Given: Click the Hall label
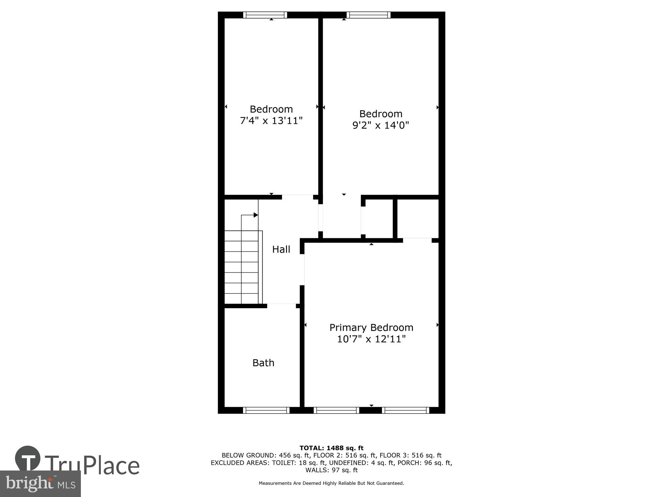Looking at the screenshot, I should pyautogui.click(x=281, y=249).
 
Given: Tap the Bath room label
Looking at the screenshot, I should pyautogui.click(x=263, y=363).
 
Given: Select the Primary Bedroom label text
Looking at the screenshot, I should pyautogui.click(x=371, y=328).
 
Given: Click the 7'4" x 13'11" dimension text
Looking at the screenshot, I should pyautogui.click(x=271, y=121).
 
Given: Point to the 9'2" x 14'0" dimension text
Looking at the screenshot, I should pyautogui.click(x=381, y=125).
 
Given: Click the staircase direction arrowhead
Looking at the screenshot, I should pyautogui.click(x=256, y=215).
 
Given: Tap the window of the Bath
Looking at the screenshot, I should pyautogui.click(x=266, y=410).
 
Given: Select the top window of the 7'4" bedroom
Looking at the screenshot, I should pyautogui.click(x=265, y=15).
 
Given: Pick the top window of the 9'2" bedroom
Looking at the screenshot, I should pyautogui.click(x=368, y=15).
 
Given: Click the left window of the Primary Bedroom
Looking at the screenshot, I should pyautogui.click(x=336, y=410).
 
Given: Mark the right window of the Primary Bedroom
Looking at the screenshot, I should pyautogui.click(x=405, y=410).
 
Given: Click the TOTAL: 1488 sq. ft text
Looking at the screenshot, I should pyautogui.click(x=331, y=448).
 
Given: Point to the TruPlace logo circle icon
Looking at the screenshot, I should pyautogui.click(x=28, y=459).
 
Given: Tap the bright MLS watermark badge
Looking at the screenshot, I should pyautogui.click(x=40, y=484).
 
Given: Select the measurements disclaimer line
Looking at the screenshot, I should pyautogui.click(x=331, y=483).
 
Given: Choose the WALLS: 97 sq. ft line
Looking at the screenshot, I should pyautogui.click(x=331, y=470).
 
